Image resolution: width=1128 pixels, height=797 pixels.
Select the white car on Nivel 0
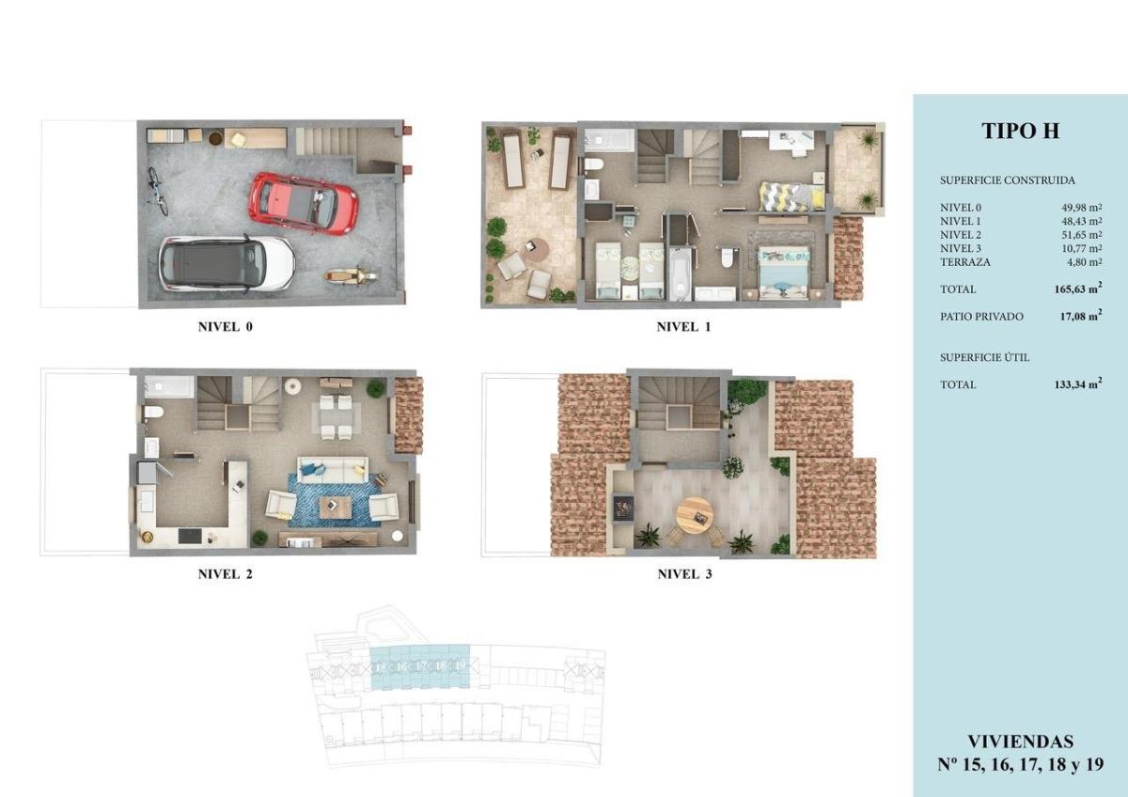[x=227, y=262]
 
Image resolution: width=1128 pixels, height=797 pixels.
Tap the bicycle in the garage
[x=156, y=191]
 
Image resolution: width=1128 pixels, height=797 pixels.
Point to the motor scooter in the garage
[x=352, y=276]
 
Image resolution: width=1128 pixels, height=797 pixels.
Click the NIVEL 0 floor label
[x=226, y=328]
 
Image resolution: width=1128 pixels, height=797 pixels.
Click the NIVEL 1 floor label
[x=683, y=328]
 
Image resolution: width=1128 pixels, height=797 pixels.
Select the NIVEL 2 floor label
[x=226, y=574]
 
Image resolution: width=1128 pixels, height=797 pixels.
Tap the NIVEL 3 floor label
[x=683, y=574]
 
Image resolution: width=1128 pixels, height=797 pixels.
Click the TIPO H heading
[x=1020, y=132]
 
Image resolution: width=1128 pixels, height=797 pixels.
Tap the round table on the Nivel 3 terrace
[x=696, y=514]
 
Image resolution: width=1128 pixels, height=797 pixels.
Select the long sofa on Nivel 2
[x=333, y=469]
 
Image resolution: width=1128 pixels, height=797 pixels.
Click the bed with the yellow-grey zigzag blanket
[x=791, y=195]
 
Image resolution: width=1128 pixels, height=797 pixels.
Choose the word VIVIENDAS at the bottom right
[x=1020, y=742]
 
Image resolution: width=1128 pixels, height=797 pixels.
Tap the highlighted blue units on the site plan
[x=419, y=667]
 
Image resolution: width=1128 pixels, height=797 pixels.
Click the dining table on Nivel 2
[x=336, y=414]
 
